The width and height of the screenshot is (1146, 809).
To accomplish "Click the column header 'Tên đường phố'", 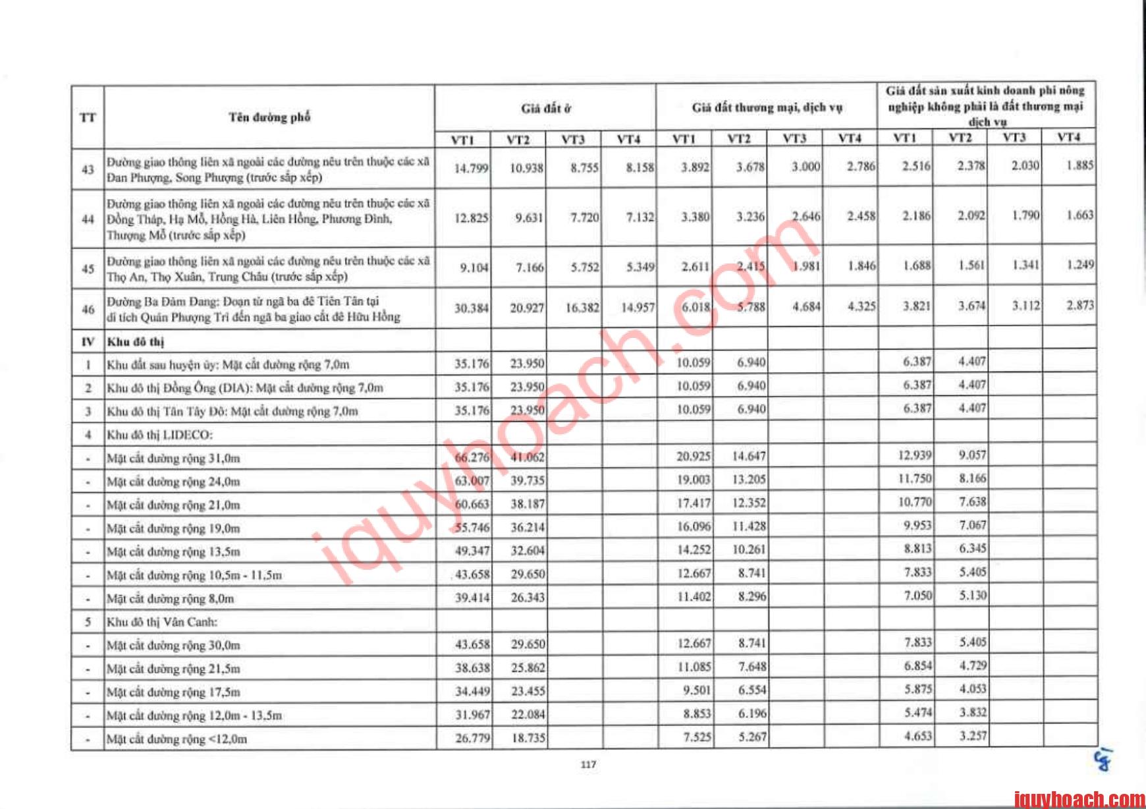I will (269, 117).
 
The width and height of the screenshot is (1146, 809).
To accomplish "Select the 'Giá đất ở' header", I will (546, 108).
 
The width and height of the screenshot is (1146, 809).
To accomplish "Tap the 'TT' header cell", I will (88, 118).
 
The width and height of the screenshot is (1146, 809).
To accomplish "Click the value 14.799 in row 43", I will (471, 169).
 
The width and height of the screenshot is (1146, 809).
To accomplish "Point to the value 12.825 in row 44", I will (471, 218).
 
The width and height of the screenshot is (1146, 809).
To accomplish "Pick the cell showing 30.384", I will (471, 308).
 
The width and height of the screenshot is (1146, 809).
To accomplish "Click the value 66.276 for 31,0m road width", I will (472, 457).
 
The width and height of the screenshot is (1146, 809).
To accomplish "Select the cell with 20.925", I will (693, 456).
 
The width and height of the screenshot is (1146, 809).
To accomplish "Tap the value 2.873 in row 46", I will (1080, 305).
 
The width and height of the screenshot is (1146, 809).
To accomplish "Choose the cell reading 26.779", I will (472, 738).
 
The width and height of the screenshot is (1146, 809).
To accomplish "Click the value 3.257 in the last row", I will (972, 735).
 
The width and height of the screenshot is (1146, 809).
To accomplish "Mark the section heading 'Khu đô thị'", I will (136, 341).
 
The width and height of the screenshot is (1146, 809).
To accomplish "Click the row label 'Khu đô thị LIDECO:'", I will (160, 435).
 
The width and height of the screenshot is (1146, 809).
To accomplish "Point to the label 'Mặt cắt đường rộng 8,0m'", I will (171, 598).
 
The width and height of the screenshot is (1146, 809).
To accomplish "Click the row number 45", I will (88, 269).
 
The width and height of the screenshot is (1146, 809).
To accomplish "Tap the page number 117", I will (588, 764).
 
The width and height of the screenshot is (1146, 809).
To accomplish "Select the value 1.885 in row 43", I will (1079, 165).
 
